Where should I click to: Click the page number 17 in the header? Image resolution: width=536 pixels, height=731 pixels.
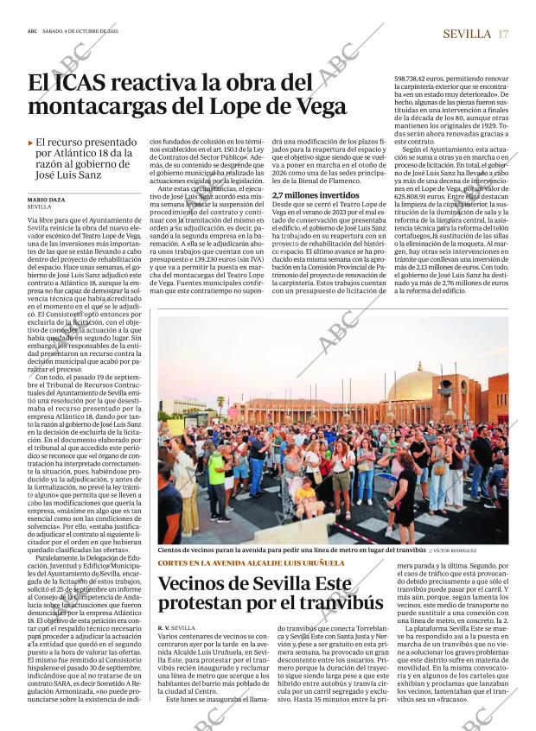[503, 34]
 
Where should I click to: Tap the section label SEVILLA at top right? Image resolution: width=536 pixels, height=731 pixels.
[466, 34]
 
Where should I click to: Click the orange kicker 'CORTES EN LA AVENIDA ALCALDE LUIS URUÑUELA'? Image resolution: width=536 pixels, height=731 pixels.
[250, 563]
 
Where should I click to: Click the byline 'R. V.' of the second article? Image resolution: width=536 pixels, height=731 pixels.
[163, 626]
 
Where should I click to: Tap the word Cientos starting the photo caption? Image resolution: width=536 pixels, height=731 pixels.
[175, 550]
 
